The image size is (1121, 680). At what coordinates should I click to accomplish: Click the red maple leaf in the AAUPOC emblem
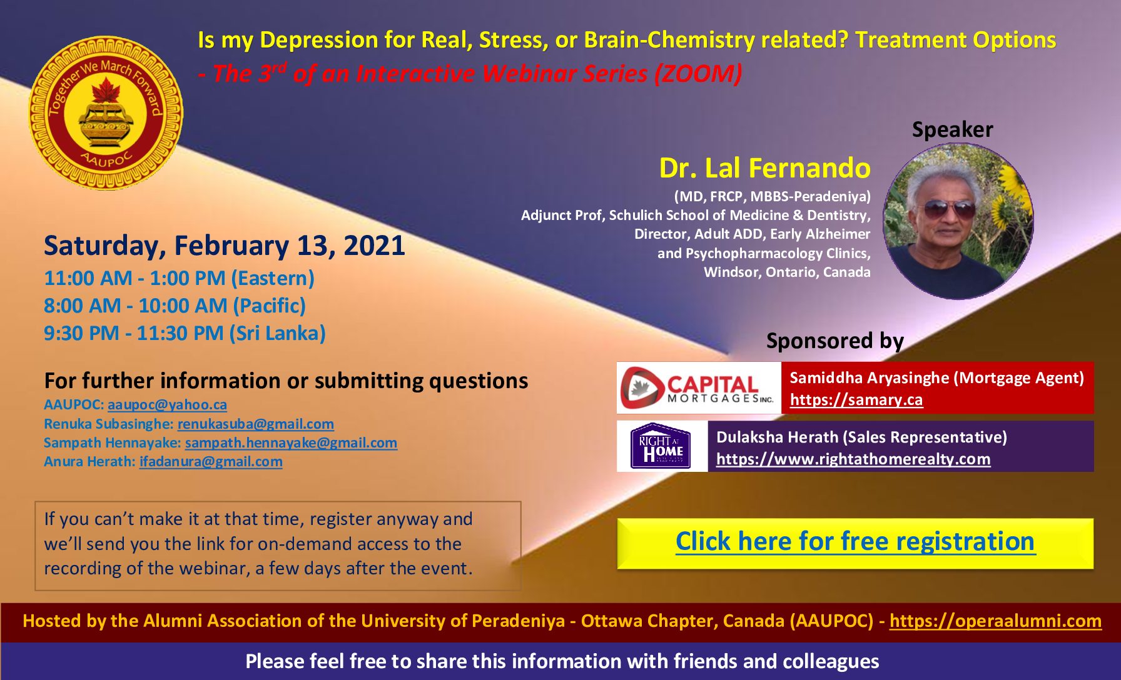tap(106, 90)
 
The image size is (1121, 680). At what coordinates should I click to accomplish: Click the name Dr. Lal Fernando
tap(764, 168)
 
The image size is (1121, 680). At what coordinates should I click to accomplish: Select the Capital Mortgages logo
tap(698, 387)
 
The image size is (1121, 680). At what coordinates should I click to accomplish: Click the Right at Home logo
tap(662, 446)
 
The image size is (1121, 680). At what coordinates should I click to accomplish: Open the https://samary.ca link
tap(856, 400)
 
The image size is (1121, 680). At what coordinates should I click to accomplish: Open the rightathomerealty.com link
tap(853, 459)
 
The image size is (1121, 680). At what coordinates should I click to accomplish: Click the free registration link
tap(855, 541)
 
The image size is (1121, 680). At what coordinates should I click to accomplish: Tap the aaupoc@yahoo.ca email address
tap(167, 405)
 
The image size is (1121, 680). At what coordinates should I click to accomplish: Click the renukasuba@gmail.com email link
tap(255, 424)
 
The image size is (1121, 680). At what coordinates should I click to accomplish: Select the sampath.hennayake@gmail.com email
tap(291, 443)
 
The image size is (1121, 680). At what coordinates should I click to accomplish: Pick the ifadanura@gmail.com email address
tap(211, 462)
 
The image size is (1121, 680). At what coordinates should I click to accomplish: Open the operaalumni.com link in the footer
tap(995, 621)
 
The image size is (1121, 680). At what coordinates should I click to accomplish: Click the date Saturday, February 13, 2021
tap(224, 246)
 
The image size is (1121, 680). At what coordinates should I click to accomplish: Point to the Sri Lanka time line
tap(185, 333)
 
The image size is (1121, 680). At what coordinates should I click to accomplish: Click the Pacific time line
tap(175, 306)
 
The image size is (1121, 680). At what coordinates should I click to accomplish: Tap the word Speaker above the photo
tap(952, 129)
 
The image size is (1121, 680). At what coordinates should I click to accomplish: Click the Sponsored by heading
tap(834, 341)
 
